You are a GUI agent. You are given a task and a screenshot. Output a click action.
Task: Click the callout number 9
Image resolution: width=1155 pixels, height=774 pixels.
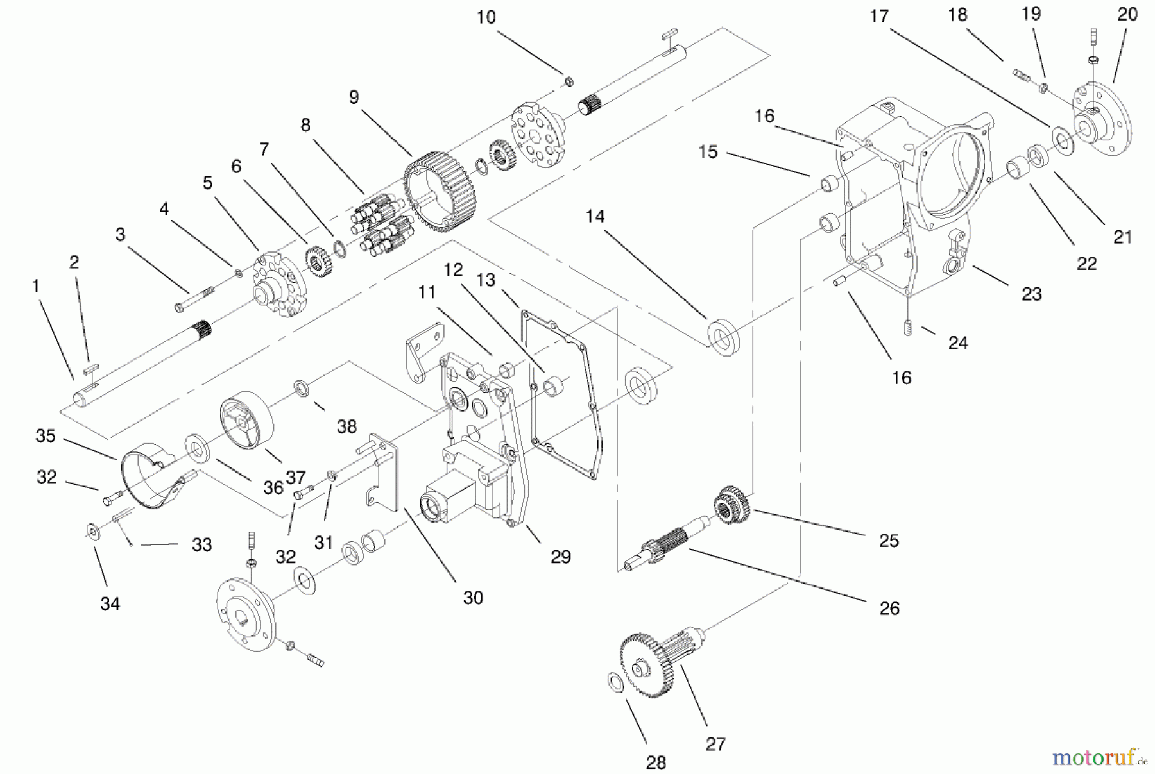354,97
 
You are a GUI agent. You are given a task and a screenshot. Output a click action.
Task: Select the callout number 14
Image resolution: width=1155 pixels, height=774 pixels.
595,216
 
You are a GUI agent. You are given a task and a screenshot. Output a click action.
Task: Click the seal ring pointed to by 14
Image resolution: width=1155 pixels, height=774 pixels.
724,337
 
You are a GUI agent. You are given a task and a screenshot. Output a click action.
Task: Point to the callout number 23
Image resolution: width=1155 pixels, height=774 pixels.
1031,294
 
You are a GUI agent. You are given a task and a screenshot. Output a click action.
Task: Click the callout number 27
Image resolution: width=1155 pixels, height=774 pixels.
715,744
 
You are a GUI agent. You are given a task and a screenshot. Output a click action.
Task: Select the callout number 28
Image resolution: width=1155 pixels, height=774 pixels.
656,762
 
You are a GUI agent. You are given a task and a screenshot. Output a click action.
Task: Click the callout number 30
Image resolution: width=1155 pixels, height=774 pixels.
473,598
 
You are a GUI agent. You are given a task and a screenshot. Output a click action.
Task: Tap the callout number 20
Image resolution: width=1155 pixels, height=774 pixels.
1127,14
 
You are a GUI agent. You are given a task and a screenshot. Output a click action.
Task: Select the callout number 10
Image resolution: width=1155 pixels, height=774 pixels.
486,17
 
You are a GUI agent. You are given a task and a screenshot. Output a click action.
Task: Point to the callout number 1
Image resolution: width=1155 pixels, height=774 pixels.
36,286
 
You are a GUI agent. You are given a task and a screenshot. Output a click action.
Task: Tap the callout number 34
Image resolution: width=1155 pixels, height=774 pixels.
110,603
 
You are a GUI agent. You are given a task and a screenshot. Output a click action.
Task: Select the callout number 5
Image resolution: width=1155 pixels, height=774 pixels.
207,183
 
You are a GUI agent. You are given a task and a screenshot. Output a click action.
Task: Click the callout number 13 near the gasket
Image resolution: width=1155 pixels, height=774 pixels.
486,280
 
